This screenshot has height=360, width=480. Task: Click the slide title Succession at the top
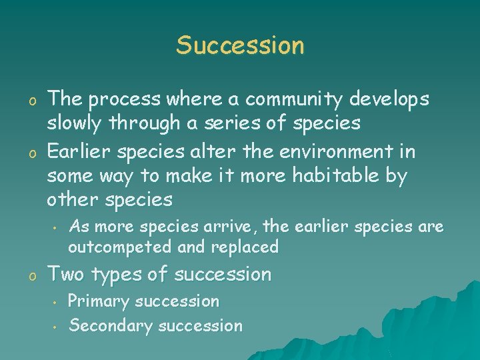240,45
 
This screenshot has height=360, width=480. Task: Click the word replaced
245,247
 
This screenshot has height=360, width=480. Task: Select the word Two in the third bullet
65,274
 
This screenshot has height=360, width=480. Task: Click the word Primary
99,301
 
